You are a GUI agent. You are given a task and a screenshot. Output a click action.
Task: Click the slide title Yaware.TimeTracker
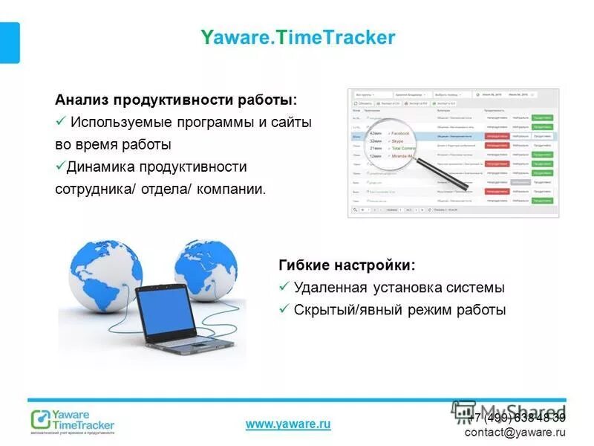[x=298, y=37]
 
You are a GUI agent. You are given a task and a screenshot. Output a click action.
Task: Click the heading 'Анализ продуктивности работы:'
[x=175, y=100]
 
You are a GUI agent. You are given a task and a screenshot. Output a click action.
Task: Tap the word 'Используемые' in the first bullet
[x=118, y=122]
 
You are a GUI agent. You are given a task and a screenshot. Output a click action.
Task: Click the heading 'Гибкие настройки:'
[x=347, y=265]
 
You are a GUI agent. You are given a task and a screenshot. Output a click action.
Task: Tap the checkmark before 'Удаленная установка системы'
[x=283, y=288]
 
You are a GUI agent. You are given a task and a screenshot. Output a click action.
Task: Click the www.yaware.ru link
[x=287, y=424]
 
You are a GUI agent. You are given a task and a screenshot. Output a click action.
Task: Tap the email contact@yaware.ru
[x=515, y=432]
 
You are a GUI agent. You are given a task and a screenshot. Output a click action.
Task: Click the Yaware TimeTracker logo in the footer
[x=72, y=421]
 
